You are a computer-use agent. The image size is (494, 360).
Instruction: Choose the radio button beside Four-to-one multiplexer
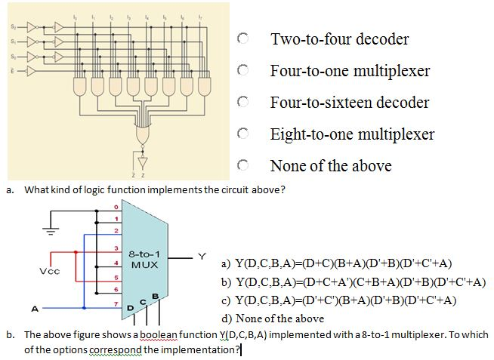(x=242, y=70)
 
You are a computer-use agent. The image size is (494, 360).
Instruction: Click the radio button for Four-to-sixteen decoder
(x=242, y=102)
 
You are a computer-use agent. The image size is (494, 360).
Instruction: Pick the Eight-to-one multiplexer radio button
(x=242, y=134)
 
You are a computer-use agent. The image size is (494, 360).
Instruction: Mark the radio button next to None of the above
(x=242, y=165)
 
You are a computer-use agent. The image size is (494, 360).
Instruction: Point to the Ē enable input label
(x=12, y=71)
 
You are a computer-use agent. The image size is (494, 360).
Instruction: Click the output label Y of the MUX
(x=202, y=257)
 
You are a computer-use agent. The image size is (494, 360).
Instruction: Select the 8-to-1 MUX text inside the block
(x=144, y=260)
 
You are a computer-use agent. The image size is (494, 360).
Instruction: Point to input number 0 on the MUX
(x=117, y=206)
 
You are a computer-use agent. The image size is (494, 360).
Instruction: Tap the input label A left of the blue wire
(x=34, y=309)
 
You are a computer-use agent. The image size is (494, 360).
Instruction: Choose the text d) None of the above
(x=272, y=318)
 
